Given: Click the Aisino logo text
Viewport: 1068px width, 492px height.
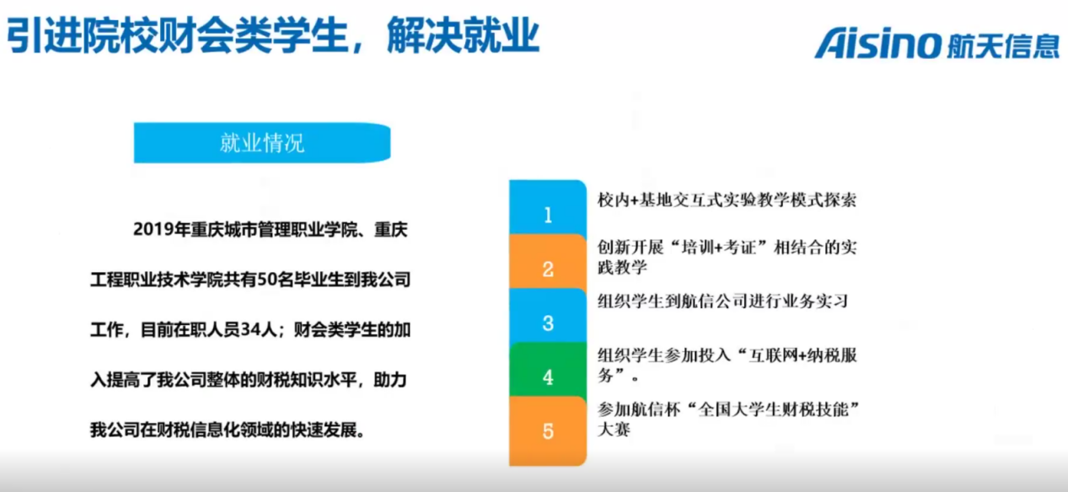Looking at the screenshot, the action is click(878, 43).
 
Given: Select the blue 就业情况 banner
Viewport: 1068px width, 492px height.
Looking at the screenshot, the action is click(262, 142).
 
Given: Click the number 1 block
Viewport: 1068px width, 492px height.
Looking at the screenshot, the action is click(548, 207).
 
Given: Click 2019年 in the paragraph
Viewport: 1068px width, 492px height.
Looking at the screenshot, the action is click(162, 229).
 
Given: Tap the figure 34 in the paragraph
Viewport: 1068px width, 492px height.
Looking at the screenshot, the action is click(250, 329).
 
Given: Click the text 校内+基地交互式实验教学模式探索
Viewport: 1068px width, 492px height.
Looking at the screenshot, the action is click(727, 200).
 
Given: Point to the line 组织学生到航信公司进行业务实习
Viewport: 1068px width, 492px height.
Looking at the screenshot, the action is click(722, 302).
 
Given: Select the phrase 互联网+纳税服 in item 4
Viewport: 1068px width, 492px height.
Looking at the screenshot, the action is click(803, 356).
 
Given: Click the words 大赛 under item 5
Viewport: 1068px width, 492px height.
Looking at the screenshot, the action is click(615, 430).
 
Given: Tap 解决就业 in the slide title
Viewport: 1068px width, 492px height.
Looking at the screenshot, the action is click(463, 35).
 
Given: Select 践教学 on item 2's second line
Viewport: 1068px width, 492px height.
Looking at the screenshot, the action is click(622, 267).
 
